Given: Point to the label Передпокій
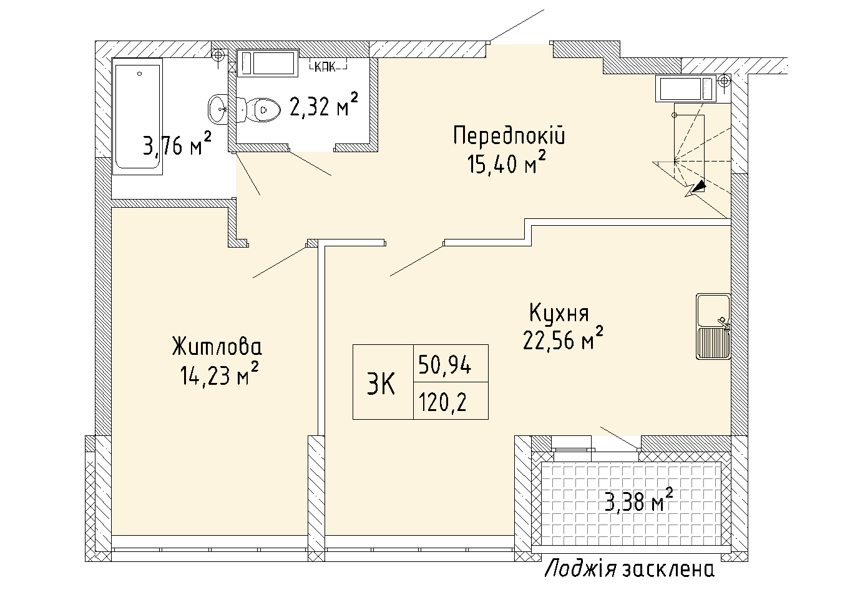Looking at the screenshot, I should (509, 136).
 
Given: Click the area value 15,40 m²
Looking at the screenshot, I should (506, 164).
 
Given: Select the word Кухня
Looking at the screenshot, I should (559, 312).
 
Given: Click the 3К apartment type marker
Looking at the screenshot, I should (381, 386).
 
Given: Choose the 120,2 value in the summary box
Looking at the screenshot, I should (443, 404).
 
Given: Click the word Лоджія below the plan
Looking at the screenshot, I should (581, 569).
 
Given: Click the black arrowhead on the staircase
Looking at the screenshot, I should (700, 185).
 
